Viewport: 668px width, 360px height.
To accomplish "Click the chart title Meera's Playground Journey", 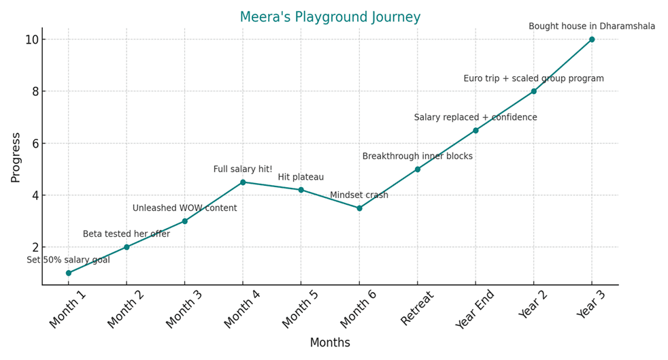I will tap(330, 17).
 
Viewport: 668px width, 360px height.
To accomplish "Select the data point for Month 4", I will tap(243, 182).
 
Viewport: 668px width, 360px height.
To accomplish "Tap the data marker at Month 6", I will tap(359, 208).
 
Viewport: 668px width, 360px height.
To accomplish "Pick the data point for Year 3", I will tap(592, 39).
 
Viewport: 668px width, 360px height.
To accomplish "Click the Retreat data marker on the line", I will tap(418, 169).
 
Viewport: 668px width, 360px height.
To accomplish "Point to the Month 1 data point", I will tap(68, 273).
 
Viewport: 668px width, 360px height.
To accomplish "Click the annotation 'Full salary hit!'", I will tap(243, 169).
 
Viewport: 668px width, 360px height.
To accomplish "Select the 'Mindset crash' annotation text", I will tap(359, 195).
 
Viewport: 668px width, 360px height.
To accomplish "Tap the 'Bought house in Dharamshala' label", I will tap(592, 27).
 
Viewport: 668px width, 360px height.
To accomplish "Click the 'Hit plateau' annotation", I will tap(301, 178).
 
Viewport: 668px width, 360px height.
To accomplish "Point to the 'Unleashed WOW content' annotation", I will tap(184, 208).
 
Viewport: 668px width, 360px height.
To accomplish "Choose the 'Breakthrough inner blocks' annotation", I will tap(417, 157).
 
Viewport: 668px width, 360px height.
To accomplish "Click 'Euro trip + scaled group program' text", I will tap(533, 79).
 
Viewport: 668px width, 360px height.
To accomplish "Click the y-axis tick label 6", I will tap(35, 144).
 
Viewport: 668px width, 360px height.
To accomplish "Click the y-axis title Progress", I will tap(16, 157).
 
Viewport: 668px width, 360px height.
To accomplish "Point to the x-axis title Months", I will tap(330, 343).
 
